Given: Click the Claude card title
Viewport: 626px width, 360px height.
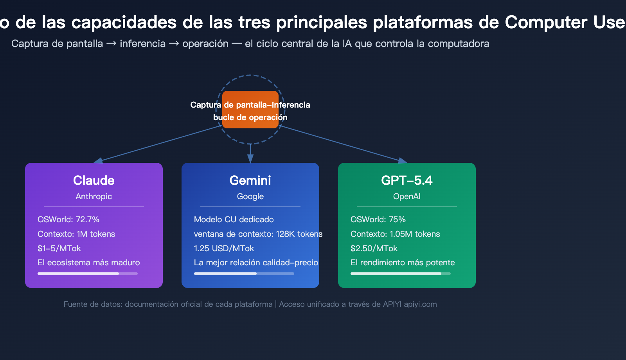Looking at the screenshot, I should pos(94,180).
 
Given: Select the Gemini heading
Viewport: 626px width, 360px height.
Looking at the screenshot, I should pos(250,180).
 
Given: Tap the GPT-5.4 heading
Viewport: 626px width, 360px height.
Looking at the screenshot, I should pos(407,180).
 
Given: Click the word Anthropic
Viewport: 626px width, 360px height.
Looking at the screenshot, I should pos(94,196).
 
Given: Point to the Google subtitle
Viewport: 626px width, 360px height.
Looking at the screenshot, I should pos(250,196).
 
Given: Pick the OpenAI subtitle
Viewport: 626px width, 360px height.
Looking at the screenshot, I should pos(407,196).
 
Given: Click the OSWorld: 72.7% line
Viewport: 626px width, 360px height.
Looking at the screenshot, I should pos(68,220).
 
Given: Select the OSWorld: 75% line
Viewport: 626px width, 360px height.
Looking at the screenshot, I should pos(378,220).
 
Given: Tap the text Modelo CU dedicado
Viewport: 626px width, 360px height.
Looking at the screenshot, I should pos(234,220).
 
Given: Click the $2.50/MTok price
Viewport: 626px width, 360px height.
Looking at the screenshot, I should pos(374,248).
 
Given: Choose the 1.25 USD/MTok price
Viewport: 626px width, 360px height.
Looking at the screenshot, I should pos(224,248).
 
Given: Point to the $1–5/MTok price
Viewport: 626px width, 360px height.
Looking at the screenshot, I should pos(59,248).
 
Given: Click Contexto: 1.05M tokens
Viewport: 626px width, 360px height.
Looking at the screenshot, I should pos(395,234).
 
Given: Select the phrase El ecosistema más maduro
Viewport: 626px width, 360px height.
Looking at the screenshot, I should pos(88,263).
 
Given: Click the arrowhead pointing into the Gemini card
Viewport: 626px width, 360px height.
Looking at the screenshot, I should pos(250,158).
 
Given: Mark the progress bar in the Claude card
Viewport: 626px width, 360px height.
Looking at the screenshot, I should pos(87,274).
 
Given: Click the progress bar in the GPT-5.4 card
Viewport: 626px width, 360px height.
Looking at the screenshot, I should pos(400,274).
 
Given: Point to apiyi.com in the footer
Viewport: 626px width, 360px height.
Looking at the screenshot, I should pos(420,304).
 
